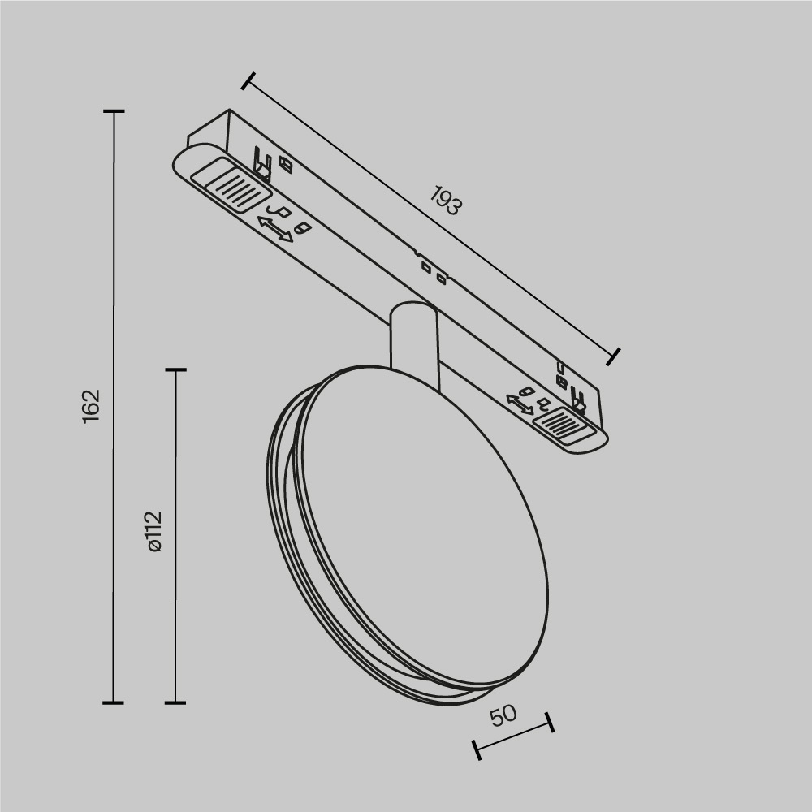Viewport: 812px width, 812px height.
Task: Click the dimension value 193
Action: tap(446, 201)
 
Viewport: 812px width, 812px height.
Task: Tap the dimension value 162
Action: tap(91, 404)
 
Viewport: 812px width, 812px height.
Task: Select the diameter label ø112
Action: tap(154, 532)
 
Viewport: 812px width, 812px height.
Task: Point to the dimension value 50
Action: tap(503, 715)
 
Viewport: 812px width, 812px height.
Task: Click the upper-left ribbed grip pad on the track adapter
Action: tap(230, 185)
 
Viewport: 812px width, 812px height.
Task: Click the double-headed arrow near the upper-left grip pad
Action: tap(274, 228)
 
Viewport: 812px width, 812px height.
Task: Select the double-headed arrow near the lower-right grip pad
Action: tap(520, 404)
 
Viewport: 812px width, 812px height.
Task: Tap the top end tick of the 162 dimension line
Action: tap(113, 111)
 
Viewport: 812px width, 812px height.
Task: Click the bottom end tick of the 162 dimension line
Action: tap(113, 702)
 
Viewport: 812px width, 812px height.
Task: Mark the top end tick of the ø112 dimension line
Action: tap(175, 369)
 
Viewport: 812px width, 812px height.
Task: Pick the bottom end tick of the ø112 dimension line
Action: tap(175, 702)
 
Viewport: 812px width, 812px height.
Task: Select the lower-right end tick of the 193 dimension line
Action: tap(614, 355)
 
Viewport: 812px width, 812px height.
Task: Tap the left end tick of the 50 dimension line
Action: tap(477, 749)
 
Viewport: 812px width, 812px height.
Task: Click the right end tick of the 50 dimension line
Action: tap(550, 722)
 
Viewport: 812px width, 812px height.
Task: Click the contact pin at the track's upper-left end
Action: tap(261, 162)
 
